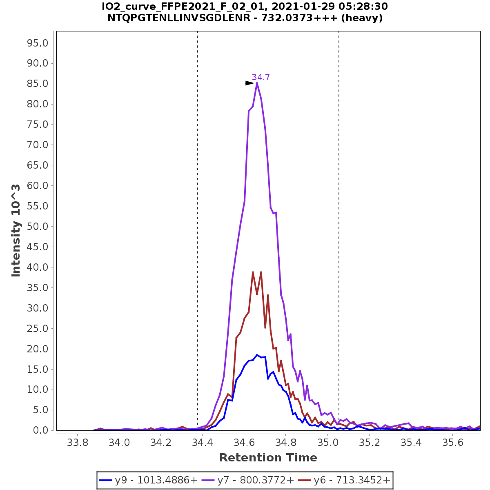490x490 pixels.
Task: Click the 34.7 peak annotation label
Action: (261, 77)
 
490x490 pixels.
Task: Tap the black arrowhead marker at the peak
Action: (249, 83)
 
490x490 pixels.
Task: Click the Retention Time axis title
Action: (268, 458)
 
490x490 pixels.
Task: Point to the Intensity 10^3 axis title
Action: (16, 230)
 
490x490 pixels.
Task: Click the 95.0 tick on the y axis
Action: (38, 43)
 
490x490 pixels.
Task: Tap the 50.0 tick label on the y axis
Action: (38, 226)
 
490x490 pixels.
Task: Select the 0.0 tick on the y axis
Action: (41, 430)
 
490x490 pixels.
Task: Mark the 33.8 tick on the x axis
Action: (78, 443)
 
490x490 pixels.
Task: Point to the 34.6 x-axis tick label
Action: (244, 443)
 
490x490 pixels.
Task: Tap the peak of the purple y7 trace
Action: (257, 83)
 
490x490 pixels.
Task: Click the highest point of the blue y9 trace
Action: (257, 355)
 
